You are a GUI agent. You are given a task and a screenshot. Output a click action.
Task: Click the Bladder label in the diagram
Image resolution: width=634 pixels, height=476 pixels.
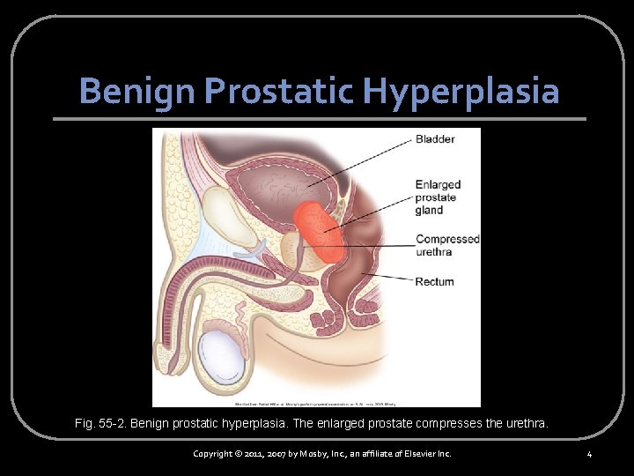435,139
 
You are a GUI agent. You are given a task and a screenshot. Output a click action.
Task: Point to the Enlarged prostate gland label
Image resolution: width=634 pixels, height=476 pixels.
438,197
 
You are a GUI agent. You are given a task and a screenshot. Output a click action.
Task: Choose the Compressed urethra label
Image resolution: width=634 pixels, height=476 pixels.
447,245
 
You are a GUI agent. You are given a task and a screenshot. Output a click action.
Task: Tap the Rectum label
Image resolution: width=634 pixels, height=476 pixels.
435,282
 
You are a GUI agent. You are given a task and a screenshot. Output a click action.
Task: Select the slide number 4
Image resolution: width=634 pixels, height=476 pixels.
589,454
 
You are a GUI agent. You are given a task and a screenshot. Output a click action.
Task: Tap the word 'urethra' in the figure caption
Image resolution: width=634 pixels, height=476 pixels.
526,424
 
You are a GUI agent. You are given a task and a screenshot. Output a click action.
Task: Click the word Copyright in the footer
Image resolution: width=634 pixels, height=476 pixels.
217,453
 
